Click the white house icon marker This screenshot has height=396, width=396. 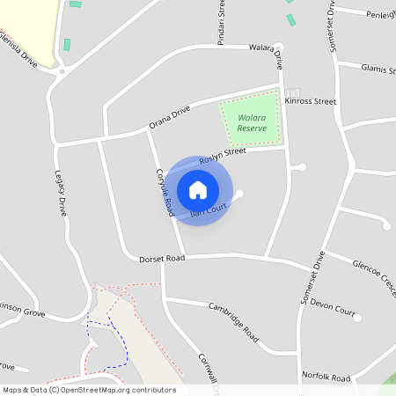tap(198, 189)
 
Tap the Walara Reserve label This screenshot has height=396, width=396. tap(252, 121)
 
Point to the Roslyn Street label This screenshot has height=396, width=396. tap(222, 156)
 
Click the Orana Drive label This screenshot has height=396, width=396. tap(169, 117)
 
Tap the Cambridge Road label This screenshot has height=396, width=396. tap(233, 322)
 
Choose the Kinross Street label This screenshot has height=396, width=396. tap(311, 102)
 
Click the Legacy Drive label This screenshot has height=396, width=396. tap(61, 193)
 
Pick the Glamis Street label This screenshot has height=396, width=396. tap(378, 70)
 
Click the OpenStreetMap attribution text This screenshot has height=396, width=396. tap(89, 390)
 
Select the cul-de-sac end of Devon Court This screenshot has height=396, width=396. tap(357, 318)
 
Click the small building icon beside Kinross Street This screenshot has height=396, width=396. tap(293, 92)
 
